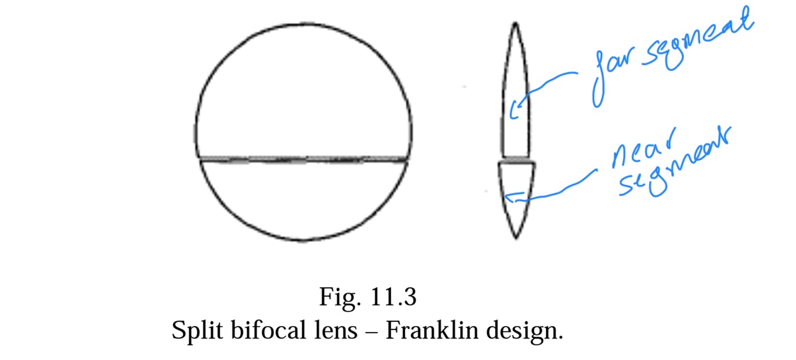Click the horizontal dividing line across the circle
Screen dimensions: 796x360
(303, 159)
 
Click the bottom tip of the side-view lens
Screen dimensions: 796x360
(516, 238)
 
